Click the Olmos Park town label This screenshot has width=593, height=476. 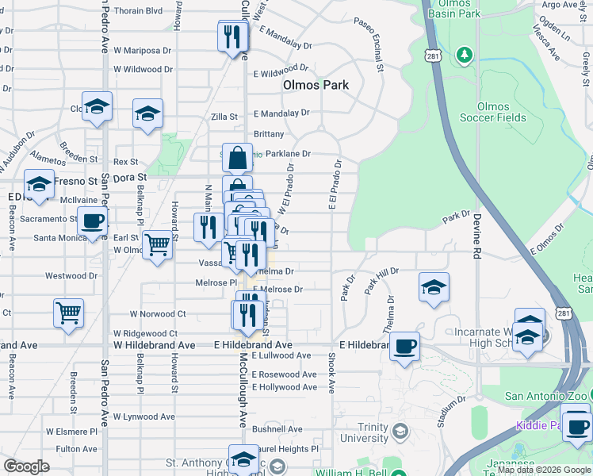(x=316, y=84)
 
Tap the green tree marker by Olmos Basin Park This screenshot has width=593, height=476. (x=465, y=56)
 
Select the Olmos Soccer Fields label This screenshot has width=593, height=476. (x=492, y=112)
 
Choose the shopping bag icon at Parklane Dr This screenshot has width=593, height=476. (x=237, y=158)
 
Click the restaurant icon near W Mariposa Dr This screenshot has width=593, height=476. (x=232, y=36)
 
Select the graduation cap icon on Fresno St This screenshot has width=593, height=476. (x=39, y=185)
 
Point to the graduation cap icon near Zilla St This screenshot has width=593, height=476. (x=147, y=113)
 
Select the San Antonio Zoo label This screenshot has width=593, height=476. (x=547, y=396)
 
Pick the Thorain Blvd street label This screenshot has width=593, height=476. (x=138, y=11)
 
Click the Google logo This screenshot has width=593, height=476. (x=26, y=466)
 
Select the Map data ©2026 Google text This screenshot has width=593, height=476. (x=544, y=470)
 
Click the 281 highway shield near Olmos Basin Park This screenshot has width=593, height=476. (x=433, y=56)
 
